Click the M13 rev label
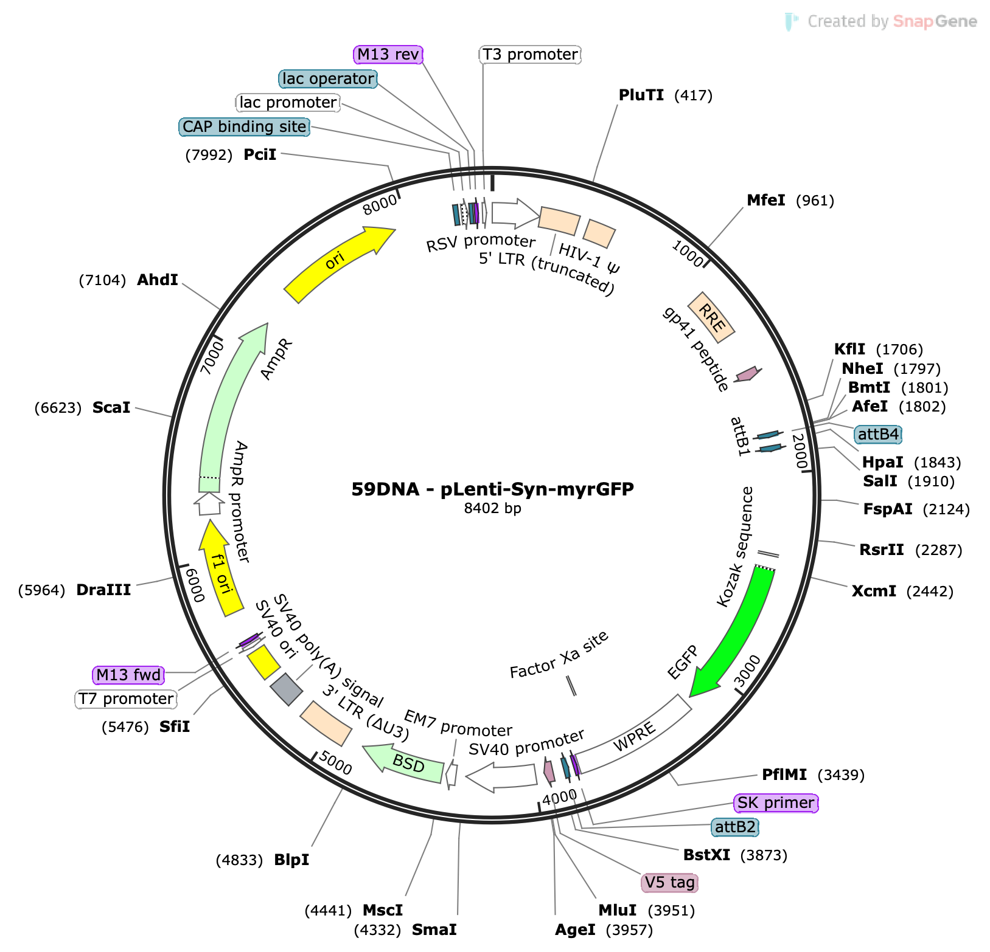(388, 55)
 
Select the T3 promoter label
(530, 55)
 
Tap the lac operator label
(328, 79)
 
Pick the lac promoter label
(288, 103)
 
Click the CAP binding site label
(244, 127)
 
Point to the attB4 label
(878, 435)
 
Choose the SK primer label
(776, 803)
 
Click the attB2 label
(735, 827)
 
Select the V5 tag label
(669, 883)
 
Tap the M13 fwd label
(128, 675)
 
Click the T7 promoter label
(126, 699)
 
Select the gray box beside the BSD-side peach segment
(286, 689)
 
